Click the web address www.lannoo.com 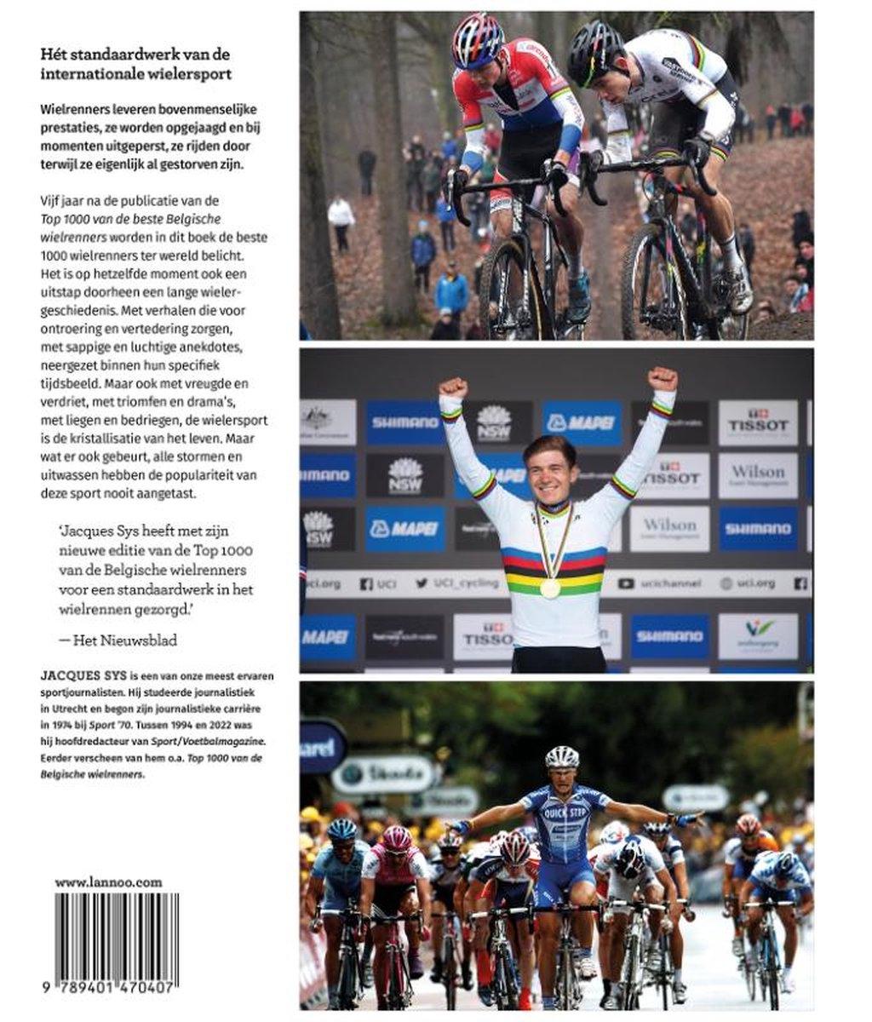(x=108, y=882)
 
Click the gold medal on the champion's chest (x=550, y=587)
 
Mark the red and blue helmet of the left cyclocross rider (x=479, y=40)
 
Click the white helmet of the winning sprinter (x=562, y=757)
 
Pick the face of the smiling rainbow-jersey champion (x=549, y=469)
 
